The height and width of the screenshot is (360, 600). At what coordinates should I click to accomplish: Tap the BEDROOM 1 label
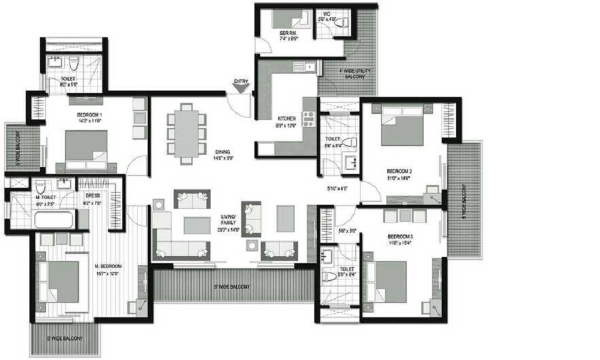(x=89, y=115)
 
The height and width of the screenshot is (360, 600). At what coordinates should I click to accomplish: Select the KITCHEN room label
(x=287, y=119)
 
